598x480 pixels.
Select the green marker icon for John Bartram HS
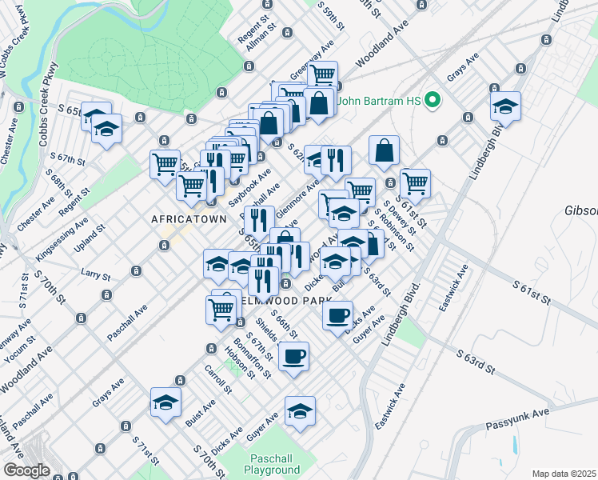click(x=433, y=101)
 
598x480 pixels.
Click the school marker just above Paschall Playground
click(x=300, y=411)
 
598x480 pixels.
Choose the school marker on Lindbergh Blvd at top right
click(x=505, y=104)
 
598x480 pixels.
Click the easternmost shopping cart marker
click(x=415, y=182)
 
